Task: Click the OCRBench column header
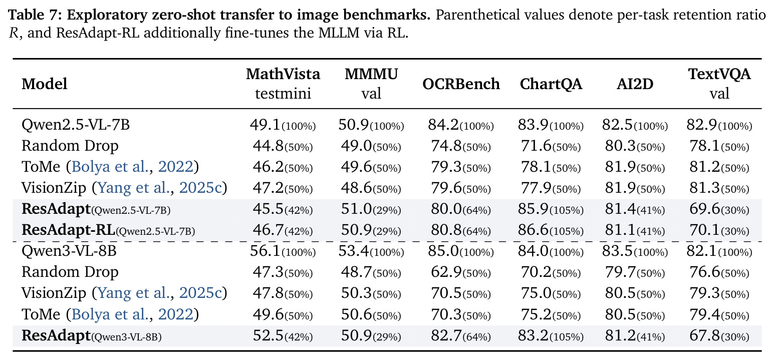461,84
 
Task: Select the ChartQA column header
551,84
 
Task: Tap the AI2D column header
635,84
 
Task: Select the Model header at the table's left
44,84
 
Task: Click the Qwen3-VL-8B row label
69,251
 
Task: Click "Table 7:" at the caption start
35,15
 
